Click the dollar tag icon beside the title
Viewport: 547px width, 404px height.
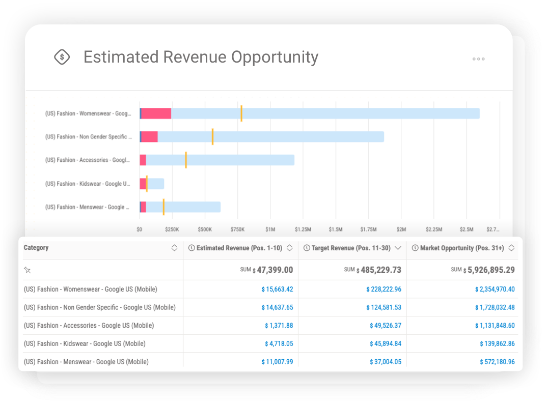click(x=62, y=57)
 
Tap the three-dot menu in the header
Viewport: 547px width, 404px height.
click(x=478, y=59)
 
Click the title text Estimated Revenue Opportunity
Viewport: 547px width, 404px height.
click(x=201, y=57)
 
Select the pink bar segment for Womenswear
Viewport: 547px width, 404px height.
click(x=156, y=113)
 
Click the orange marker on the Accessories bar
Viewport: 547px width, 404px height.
click(x=186, y=160)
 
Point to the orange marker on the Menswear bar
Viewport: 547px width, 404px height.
click(x=163, y=207)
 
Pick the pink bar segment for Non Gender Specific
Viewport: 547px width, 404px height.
click(x=149, y=137)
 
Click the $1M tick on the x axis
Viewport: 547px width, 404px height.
click(x=270, y=230)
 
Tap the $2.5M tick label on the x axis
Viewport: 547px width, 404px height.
click(x=467, y=230)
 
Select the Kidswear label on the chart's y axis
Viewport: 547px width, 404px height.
click(x=87, y=184)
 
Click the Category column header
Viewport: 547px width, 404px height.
click(x=36, y=248)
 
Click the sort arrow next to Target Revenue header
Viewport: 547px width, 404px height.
click(x=398, y=248)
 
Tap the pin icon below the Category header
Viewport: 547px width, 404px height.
click(x=28, y=270)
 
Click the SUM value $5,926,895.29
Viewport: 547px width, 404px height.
click(x=488, y=270)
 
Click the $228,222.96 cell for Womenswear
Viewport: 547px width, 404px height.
click(x=384, y=290)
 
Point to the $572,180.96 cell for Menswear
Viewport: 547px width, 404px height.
click(x=497, y=362)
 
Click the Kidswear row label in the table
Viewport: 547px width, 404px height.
click(x=85, y=344)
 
